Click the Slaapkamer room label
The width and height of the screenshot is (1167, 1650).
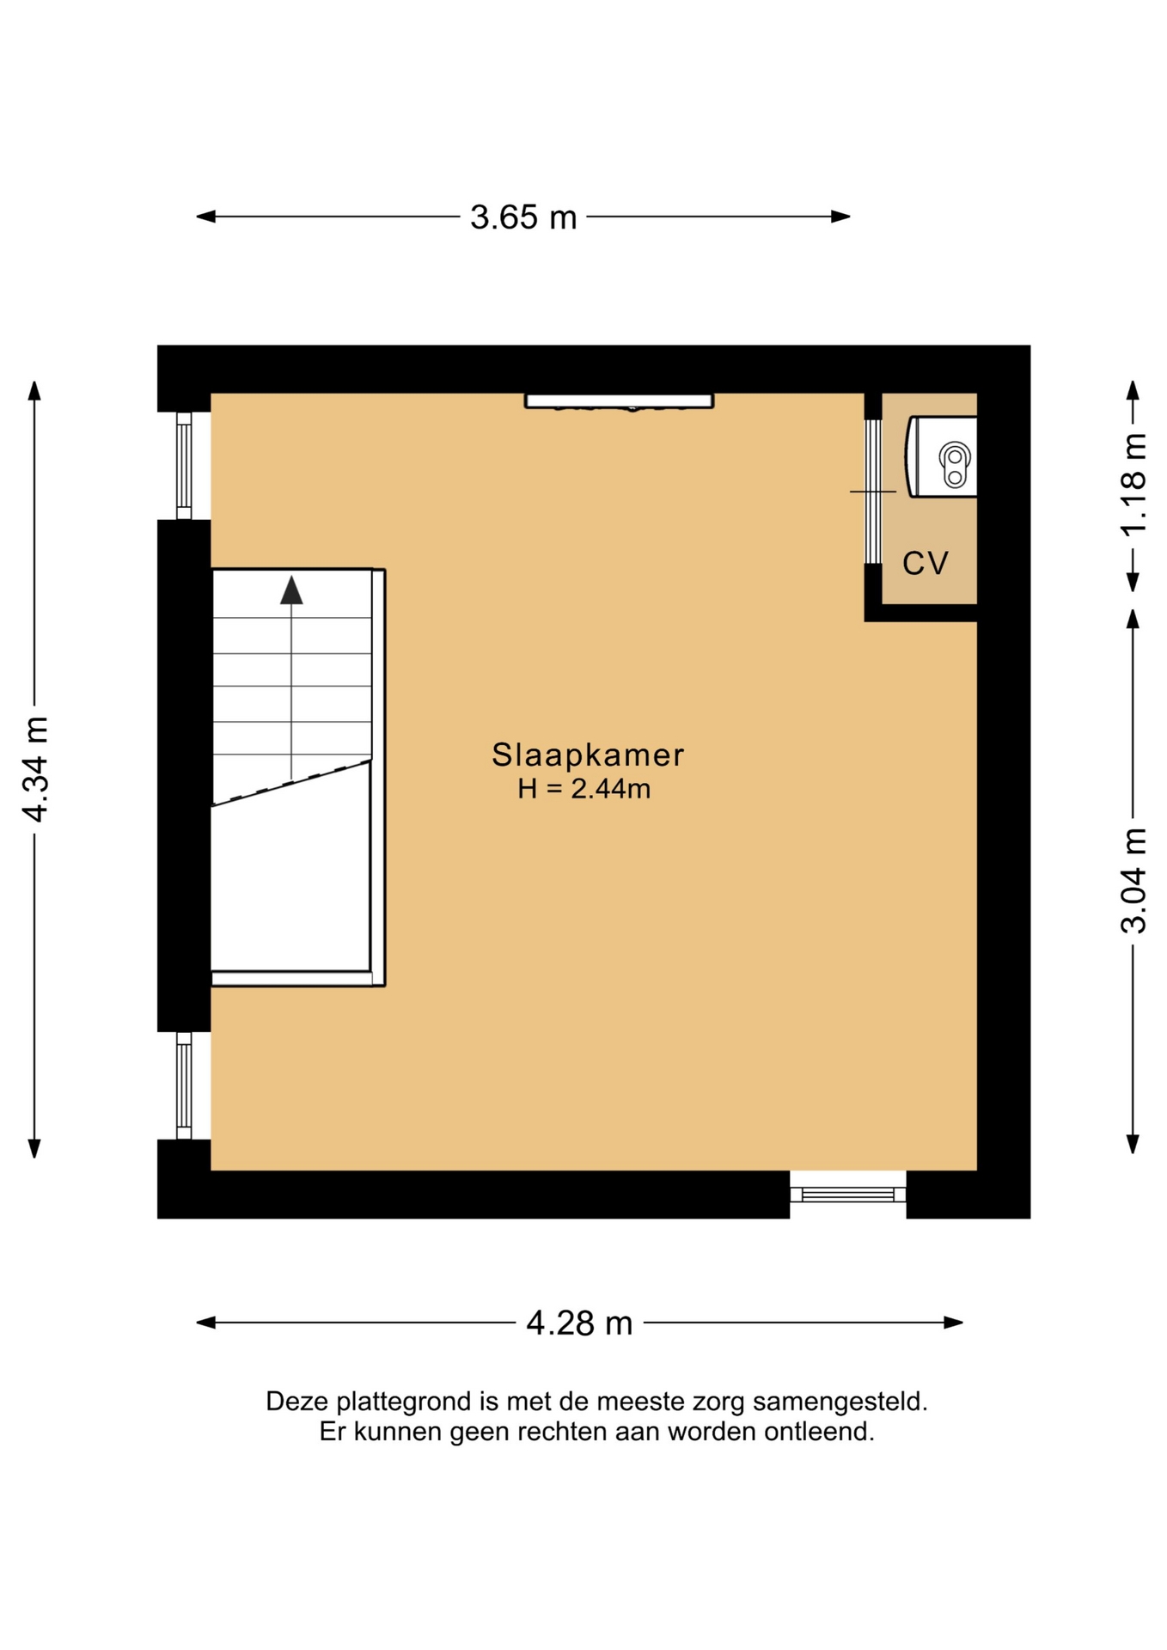coord(588,755)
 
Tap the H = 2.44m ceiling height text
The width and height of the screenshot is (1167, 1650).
coord(584,789)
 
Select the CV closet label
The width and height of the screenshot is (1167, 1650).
coord(926,564)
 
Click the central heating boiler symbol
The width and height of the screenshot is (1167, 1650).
coord(942,456)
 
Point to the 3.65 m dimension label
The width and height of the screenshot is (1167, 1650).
coord(523,217)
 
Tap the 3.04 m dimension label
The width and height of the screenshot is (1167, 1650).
coord(1134,881)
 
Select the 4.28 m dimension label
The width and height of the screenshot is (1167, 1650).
coord(579,1323)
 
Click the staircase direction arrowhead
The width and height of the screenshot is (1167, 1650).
coord(291,590)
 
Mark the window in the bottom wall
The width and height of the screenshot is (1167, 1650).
coord(848,1195)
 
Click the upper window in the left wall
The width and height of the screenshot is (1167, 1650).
coord(184,466)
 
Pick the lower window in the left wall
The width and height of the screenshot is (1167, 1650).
coord(184,1086)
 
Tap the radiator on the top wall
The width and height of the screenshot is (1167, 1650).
coord(619,401)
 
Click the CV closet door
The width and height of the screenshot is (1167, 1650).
coord(873,492)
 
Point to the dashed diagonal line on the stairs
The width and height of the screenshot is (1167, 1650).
coord(291,783)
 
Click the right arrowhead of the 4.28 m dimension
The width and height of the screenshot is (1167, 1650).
coord(953,1323)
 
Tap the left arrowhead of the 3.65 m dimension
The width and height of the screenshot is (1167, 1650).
coord(206,217)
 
